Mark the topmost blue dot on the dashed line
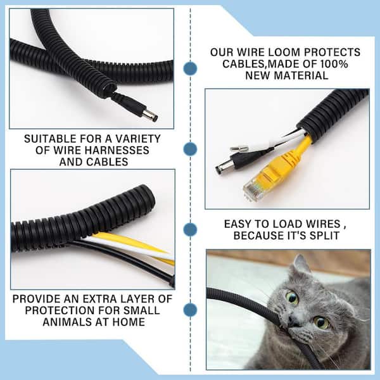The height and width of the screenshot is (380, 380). (x=190, y=68)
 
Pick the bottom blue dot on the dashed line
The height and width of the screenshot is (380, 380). (x=190, y=310)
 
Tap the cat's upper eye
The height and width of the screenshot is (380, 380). (x=292, y=298)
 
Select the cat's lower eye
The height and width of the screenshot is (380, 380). (x=321, y=322)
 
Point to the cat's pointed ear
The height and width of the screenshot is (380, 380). (x=300, y=265)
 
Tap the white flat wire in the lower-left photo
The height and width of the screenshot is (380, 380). (x=126, y=247)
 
